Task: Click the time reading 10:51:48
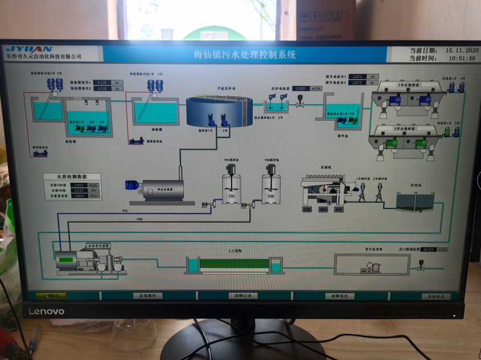coord(461,58)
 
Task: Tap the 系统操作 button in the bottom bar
coord(147,296)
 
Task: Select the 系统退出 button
coord(435,296)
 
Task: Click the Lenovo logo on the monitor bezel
coord(47,311)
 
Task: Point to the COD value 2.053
coord(80,185)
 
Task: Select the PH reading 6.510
coord(80,190)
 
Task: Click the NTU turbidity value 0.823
coord(80,196)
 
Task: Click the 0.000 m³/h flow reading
coord(301,89)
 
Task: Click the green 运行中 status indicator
coord(67,259)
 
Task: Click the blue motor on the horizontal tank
coord(133,185)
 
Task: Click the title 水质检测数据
coord(72,177)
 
